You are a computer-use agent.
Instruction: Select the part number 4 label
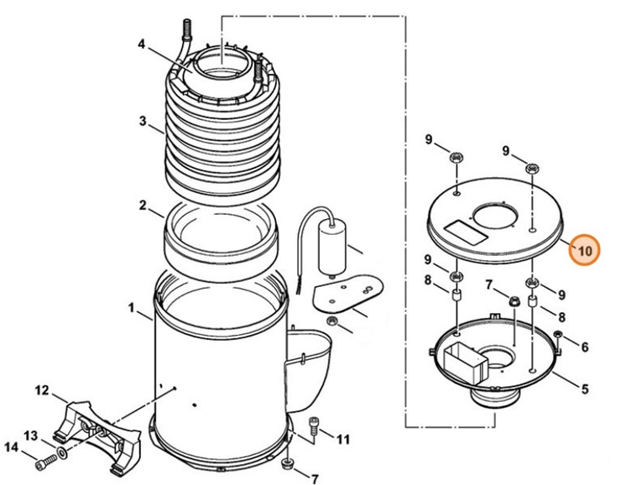(142, 44)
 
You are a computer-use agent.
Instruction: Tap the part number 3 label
(143, 120)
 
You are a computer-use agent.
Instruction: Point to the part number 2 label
(143, 205)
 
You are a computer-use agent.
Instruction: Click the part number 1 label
(132, 308)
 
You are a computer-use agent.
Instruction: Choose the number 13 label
(30, 435)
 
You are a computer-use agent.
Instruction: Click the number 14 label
(11, 447)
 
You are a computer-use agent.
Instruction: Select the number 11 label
(343, 439)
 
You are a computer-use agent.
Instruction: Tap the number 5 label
(585, 389)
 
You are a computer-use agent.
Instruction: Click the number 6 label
(585, 347)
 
